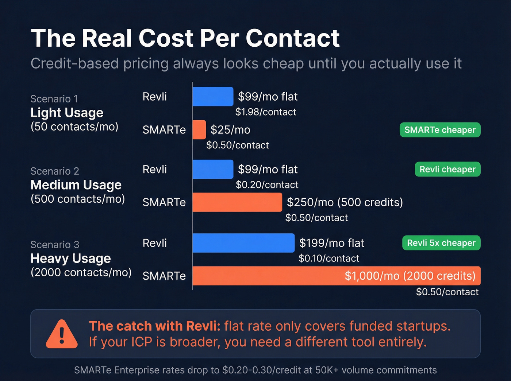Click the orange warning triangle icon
pyautogui.click(x=62, y=335)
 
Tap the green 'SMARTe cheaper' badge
pyautogui.click(x=440, y=130)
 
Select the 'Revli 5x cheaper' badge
pyautogui.click(x=441, y=243)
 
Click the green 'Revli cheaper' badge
pyautogui.click(x=447, y=169)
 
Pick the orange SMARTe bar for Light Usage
pyautogui.click(x=199, y=130)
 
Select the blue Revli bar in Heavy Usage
pyautogui.click(x=243, y=243)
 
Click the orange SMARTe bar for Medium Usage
pyautogui.click(x=237, y=202)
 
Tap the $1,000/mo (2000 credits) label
pyautogui.click(x=410, y=276)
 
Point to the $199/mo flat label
pyautogui.click(x=331, y=243)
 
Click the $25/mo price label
pyautogui.click(x=230, y=130)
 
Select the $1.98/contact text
pyautogui.click(x=265, y=112)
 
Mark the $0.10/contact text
pyautogui.click(x=328, y=258)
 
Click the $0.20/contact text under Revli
pyautogui.click(x=267, y=185)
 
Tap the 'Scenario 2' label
pyautogui.click(x=55, y=171)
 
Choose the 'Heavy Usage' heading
pyautogui.click(x=70, y=258)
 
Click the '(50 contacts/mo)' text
pyautogui.click(x=74, y=127)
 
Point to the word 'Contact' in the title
pyautogui.click(x=292, y=38)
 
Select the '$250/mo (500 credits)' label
pyautogui.click(x=345, y=202)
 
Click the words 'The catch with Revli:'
pyautogui.click(x=154, y=326)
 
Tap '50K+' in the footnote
pyautogui.click(x=327, y=370)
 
